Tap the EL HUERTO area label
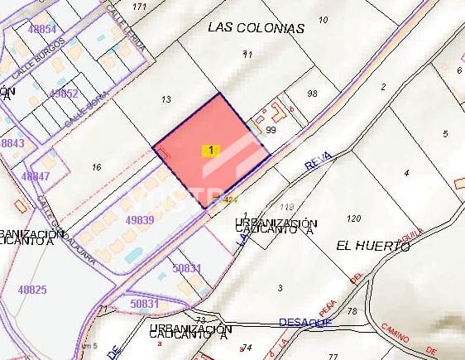373,246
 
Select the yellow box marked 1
212,150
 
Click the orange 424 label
231,199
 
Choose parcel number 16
96,167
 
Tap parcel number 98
312,94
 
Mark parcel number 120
354,218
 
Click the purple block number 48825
31,290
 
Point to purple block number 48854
41,29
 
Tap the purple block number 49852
64,94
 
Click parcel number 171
140,7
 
